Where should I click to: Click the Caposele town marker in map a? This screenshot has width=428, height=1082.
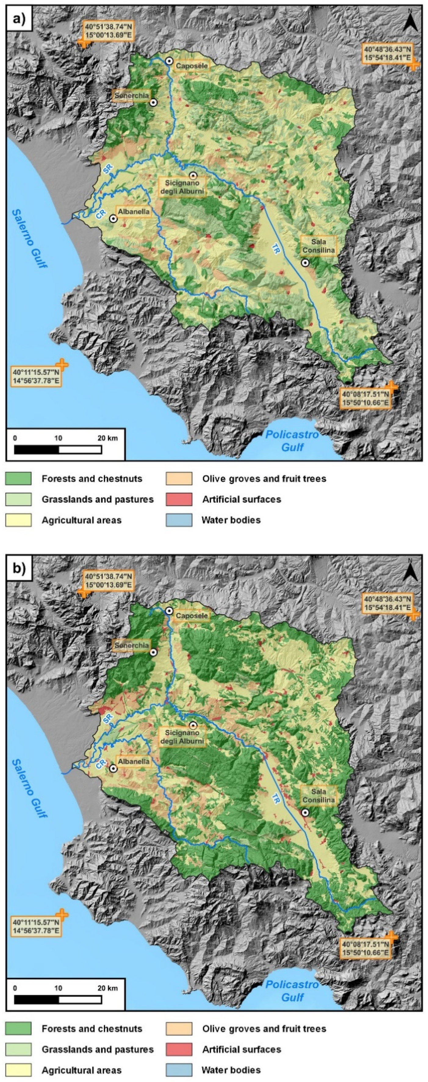click(169, 61)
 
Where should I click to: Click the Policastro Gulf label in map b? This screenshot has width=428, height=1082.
click(292, 991)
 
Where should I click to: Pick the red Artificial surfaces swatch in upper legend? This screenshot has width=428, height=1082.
click(179, 499)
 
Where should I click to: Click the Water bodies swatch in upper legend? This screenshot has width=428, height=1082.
click(179, 520)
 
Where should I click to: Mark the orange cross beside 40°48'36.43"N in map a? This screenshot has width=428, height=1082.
click(414, 64)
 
